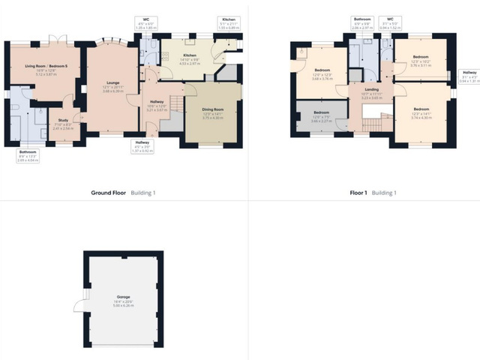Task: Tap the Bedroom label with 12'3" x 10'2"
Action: [421, 57]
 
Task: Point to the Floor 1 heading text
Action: [358, 193]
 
